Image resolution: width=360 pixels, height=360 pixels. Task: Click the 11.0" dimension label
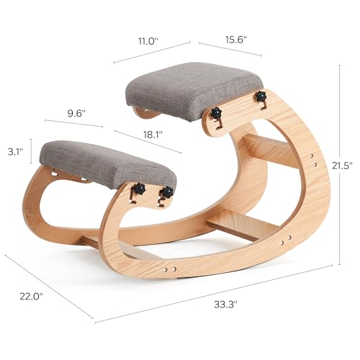(148, 41)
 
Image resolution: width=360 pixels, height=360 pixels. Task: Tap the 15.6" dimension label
(236, 40)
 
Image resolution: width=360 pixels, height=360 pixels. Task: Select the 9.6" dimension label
(76, 113)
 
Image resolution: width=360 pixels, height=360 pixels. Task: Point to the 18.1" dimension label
(153, 135)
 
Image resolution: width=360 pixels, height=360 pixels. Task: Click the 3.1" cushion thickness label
(15, 152)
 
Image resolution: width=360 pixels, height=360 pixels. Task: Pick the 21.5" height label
(342, 166)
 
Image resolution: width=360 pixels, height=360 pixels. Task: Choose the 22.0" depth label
(31, 297)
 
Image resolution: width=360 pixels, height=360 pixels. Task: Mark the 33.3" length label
(225, 305)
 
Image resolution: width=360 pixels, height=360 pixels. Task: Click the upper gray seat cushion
(193, 89)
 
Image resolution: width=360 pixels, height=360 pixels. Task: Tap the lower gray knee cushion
(108, 163)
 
